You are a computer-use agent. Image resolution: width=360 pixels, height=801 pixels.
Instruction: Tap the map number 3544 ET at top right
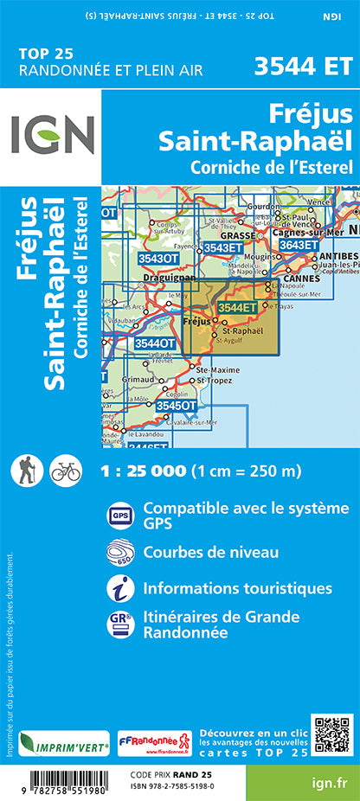click(x=303, y=67)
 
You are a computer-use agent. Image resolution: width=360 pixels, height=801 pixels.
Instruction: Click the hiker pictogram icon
click(x=25, y=471)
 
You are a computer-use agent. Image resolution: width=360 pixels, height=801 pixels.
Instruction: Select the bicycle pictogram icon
click(x=65, y=471)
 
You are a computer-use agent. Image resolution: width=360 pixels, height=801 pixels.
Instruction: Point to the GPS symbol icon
click(x=119, y=516)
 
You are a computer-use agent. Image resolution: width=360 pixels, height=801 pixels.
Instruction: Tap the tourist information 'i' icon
click(x=119, y=589)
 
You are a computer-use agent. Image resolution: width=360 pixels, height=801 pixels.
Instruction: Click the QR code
click(x=331, y=734)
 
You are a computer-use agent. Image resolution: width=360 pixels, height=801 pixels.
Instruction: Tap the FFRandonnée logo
click(x=154, y=742)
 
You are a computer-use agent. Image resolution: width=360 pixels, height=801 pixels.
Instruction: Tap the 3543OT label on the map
click(x=157, y=258)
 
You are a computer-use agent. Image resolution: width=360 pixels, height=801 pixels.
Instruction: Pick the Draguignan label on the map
click(x=164, y=279)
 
